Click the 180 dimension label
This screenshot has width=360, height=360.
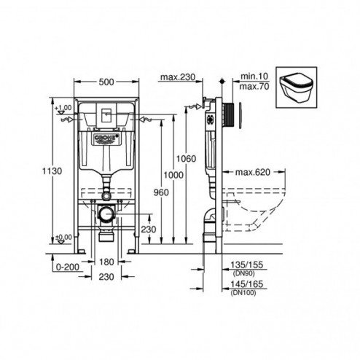pyautogui.click(x=107, y=261)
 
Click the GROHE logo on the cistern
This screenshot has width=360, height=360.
pyautogui.click(x=108, y=136)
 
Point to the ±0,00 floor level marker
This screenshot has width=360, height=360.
pyautogui.click(x=63, y=236)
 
